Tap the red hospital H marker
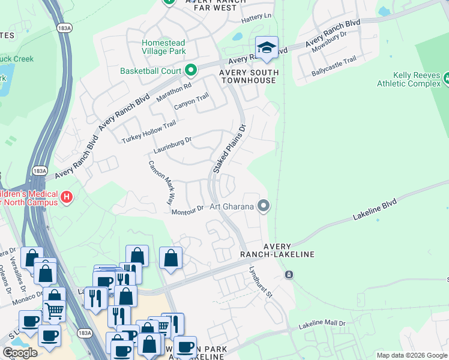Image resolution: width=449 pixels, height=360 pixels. click(67, 196)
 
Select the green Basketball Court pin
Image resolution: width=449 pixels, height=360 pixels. click(191, 71)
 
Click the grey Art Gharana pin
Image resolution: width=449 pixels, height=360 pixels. click(263, 206)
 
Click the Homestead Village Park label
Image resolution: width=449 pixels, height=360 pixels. click(163, 47)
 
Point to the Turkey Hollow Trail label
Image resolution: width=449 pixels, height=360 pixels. click(149, 131)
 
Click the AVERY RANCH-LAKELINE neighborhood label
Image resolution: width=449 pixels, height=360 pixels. click(289, 250)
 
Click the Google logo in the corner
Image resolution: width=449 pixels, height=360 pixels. click(20, 353)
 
